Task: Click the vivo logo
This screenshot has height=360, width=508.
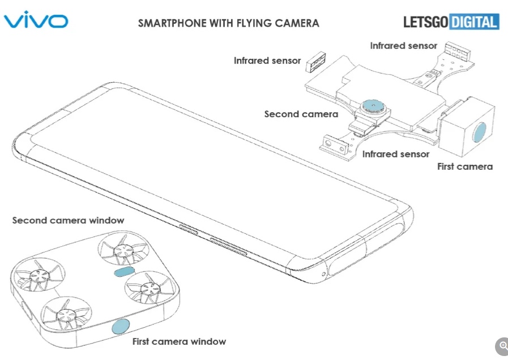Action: pos(36,21)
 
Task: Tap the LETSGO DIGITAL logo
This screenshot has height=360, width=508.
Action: pos(451,22)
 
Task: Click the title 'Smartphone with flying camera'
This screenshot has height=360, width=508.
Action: pos(229,23)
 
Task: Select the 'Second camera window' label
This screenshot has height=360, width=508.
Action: pos(68,220)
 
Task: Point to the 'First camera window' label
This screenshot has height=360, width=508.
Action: pos(179,341)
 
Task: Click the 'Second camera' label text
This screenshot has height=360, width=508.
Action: pos(301,114)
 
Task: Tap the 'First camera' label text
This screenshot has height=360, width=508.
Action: pos(465,166)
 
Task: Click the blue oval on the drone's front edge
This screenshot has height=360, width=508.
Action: pos(120,327)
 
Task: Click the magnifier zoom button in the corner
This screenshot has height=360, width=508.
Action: pos(502,346)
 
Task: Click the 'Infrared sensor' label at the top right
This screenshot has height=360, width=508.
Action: pos(403,45)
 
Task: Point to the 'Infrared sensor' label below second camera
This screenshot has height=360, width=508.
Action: pos(396,154)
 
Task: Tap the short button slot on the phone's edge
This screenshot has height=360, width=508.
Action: pos(189,229)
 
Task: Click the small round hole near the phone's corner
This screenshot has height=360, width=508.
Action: pos(323,274)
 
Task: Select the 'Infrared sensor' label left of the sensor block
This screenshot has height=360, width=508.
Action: pos(267,61)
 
